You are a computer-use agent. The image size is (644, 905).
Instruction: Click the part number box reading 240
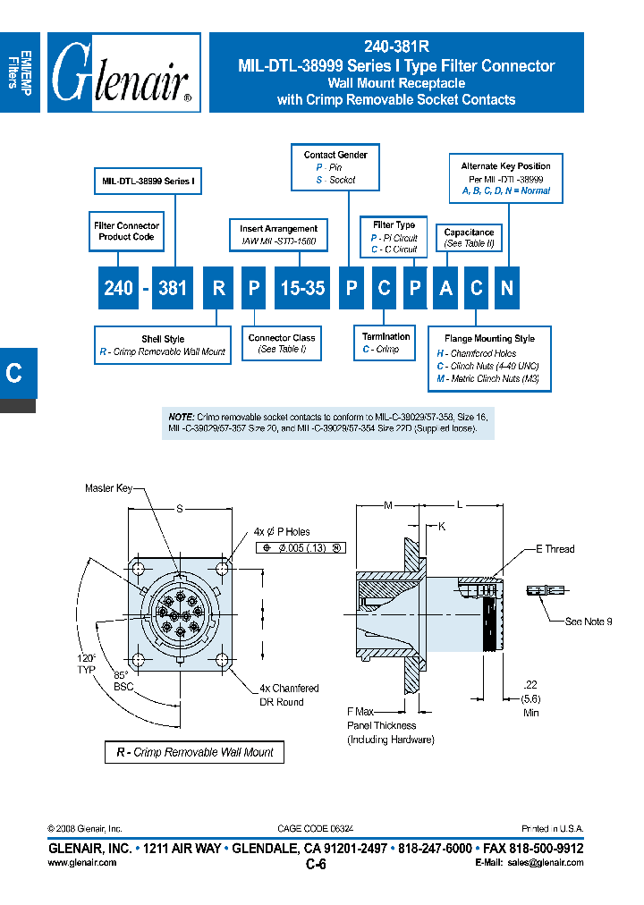pos(118,288)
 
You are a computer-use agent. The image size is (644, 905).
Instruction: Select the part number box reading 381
pos(172,288)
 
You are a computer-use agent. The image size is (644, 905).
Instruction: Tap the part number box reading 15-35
pos(303,288)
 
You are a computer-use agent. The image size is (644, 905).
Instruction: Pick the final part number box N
pos(506,288)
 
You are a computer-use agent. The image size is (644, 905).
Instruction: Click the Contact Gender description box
pos(335,167)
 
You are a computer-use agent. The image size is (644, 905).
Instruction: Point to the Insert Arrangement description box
pos(278,235)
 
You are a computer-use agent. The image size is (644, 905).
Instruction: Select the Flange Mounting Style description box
pos(493,358)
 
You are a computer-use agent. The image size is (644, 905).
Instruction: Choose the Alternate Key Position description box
pos(505,178)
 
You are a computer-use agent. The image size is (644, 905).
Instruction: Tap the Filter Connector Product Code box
pos(127,232)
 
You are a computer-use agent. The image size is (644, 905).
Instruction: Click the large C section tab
pos(15,373)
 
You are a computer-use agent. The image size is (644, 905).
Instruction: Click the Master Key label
pos(108,488)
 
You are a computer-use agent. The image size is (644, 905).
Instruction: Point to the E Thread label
pos(555,549)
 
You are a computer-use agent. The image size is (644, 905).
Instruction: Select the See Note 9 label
pos(588,622)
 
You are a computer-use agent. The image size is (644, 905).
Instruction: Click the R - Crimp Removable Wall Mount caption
pos(195,752)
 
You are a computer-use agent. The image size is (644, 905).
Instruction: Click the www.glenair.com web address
pos(80,862)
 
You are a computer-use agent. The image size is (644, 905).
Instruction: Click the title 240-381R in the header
pos(396,49)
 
